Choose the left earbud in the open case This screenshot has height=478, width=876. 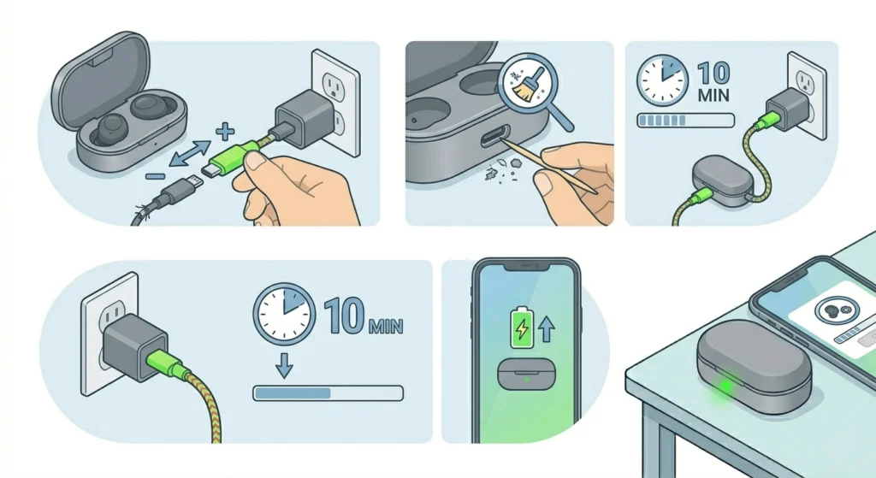[108, 131]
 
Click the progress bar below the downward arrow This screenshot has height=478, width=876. [328, 392]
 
